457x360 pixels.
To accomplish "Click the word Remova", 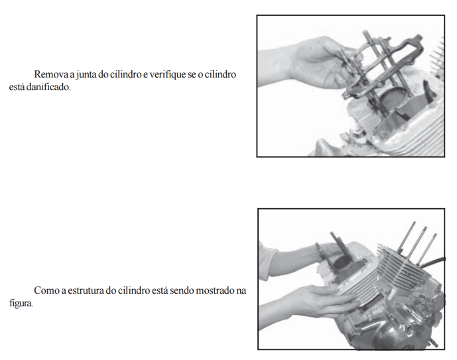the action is coord(51,74).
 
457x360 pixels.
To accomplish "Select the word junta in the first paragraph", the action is coord(86,75).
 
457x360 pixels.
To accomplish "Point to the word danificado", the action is coord(48,87).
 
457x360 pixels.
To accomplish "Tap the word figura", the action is coord(21,303).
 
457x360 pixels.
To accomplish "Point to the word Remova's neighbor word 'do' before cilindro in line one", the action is coord(103,74).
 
